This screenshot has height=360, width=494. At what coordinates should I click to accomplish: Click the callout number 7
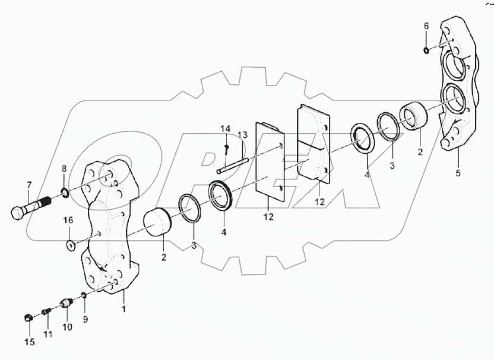pyautogui.click(x=28, y=185)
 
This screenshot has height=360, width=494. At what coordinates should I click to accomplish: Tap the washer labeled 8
pyautogui.click(x=64, y=192)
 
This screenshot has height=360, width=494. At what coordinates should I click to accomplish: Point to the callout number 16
pyautogui.click(x=69, y=220)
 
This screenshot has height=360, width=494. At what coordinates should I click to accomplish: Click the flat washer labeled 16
pyautogui.click(x=71, y=242)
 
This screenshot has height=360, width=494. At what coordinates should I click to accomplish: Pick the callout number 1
pyautogui.click(x=123, y=309)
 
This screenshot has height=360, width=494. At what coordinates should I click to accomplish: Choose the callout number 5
pyautogui.click(x=457, y=173)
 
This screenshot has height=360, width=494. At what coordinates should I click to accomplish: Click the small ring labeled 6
pyautogui.click(x=427, y=49)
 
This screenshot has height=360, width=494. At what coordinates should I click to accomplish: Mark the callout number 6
pyautogui.click(x=426, y=26)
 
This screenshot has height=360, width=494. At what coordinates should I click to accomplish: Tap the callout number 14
pyautogui.click(x=226, y=129)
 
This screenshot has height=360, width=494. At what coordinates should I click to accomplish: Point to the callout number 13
pyautogui.click(x=242, y=135)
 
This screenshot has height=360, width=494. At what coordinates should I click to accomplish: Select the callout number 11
pyautogui.click(x=48, y=334)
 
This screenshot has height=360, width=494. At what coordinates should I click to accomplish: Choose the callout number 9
pyautogui.click(x=84, y=318)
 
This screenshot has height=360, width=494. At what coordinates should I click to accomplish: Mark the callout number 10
pyautogui.click(x=66, y=327)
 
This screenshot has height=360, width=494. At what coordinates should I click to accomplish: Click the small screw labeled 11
pyautogui.click(x=47, y=311)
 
